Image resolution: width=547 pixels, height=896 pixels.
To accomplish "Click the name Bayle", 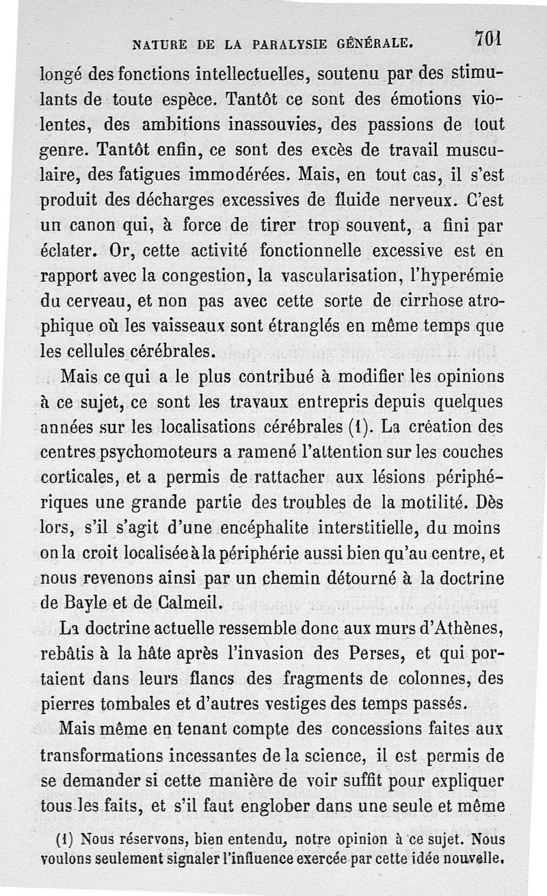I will tap(87, 603).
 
